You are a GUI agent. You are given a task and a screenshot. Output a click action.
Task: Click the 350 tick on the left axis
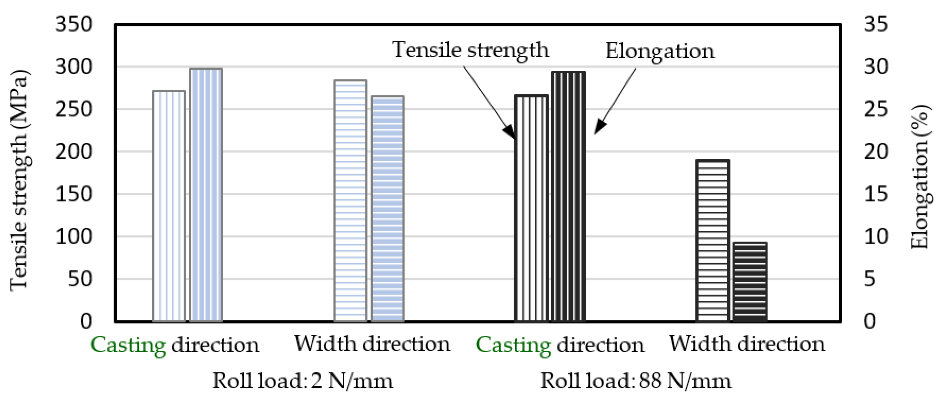pyautogui.click(x=74, y=25)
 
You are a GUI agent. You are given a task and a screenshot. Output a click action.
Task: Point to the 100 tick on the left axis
pyautogui.click(x=74, y=237)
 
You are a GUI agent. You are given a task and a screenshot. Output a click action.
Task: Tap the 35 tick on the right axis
pyautogui.click(x=876, y=25)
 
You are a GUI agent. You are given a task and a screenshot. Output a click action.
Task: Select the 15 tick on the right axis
pyautogui.click(x=876, y=194)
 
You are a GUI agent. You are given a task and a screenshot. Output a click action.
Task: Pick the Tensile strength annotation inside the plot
pyautogui.click(x=470, y=50)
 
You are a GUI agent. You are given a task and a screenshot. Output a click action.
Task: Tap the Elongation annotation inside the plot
pyautogui.click(x=660, y=51)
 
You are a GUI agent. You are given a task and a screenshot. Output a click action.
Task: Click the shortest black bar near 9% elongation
pyautogui.click(x=750, y=282)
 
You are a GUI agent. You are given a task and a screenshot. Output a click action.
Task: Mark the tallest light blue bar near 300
pyautogui.click(x=206, y=195)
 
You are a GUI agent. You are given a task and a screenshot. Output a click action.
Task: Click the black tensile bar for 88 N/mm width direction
pyautogui.click(x=712, y=241)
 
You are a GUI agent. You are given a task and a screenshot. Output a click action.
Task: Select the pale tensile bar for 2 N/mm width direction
pyautogui.click(x=350, y=201)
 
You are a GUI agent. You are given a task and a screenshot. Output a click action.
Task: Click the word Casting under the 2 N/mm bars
pyautogui.click(x=128, y=346)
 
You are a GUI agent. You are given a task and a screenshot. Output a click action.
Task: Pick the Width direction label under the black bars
pyautogui.click(x=747, y=345)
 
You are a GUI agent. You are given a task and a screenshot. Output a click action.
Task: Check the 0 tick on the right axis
pyautogui.click(x=870, y=322)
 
